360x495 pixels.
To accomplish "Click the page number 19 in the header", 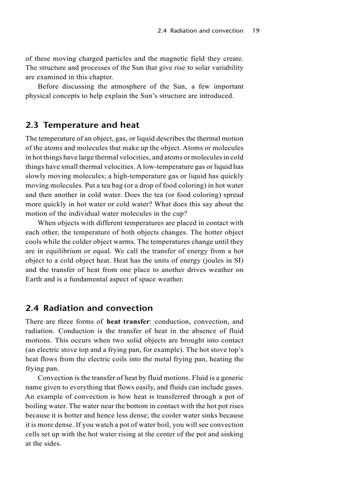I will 256,31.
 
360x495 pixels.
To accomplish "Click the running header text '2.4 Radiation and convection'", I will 200,31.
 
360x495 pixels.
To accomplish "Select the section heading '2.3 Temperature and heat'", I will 82,125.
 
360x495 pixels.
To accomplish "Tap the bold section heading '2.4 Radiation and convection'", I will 89,308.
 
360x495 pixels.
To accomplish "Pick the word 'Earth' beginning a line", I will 34,279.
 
